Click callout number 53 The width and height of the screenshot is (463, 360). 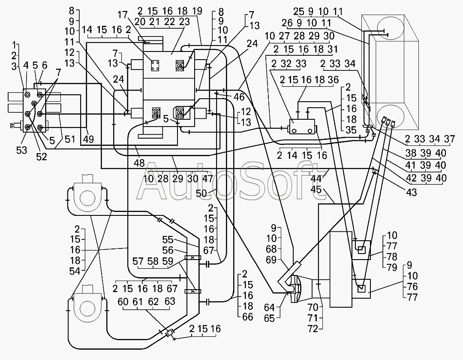point(21,150)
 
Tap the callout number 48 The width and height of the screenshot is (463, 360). point(139,163)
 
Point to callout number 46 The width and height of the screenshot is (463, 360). point(239,97)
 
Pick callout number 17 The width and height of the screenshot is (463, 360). point(123,14)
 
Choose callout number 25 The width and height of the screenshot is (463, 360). point(299,12)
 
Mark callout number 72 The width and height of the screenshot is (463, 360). point(313,328)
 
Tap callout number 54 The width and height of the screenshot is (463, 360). point(75,271)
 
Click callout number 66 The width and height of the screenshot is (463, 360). point(247,317)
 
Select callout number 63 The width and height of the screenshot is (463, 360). point(170,302)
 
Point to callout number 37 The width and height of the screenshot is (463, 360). point(449,139)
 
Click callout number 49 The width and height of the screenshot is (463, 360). point(88,139)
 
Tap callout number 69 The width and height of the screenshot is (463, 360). point(271,260)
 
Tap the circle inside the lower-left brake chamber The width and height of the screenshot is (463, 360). point(87,310)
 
